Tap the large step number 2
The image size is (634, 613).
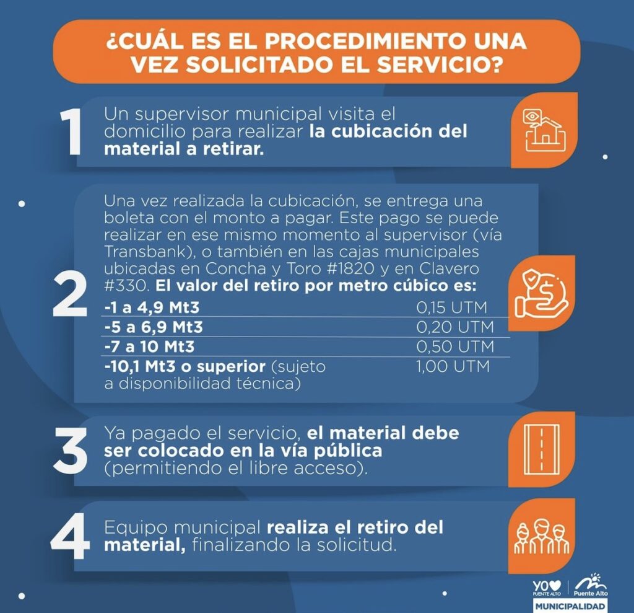[70, 294]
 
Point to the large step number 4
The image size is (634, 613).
[70, 536]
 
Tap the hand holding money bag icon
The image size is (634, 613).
[541, 294]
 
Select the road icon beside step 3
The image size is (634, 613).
[541, 449]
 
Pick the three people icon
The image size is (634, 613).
[541, 536]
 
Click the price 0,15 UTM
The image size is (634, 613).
[451, 307]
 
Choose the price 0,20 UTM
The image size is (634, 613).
[455, 327]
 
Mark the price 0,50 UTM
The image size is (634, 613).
[455, 346]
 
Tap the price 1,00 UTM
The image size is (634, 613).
[453, 366]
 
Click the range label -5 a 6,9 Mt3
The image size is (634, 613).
[154, 327]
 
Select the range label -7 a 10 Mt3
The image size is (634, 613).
[149, 346]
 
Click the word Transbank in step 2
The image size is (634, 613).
[147, 252]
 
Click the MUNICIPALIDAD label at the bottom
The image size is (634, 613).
[570, 606]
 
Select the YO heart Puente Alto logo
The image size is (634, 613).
[547, 588]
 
